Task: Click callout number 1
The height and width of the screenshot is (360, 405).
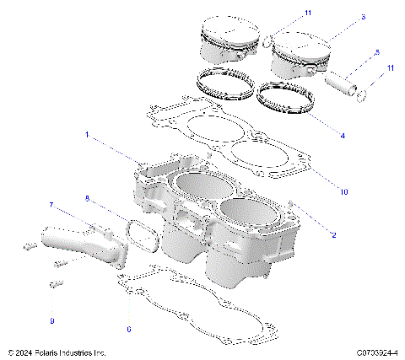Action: pyautogui.click(x=85, y=134)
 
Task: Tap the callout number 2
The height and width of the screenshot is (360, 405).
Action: pyautogui.click(x=333, y=234)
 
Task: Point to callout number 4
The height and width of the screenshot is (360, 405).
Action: pyautogui.click(x=342, y=135)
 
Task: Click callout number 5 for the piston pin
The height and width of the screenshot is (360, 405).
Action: pyautogui.click(x=377, y=52)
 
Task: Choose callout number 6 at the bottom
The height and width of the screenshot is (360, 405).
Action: pyautogui.click(x=128, y=329)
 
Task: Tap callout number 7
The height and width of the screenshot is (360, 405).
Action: pyautogui.click(x=51, y=205)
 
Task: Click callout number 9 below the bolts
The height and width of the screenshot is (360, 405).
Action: pyautogui.click(x=51, y=321)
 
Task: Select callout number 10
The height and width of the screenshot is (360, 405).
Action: pyautogui.click(x=343, y=191)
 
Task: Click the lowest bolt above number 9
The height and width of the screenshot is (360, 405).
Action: pyautogui.click(x=57, y=283)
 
